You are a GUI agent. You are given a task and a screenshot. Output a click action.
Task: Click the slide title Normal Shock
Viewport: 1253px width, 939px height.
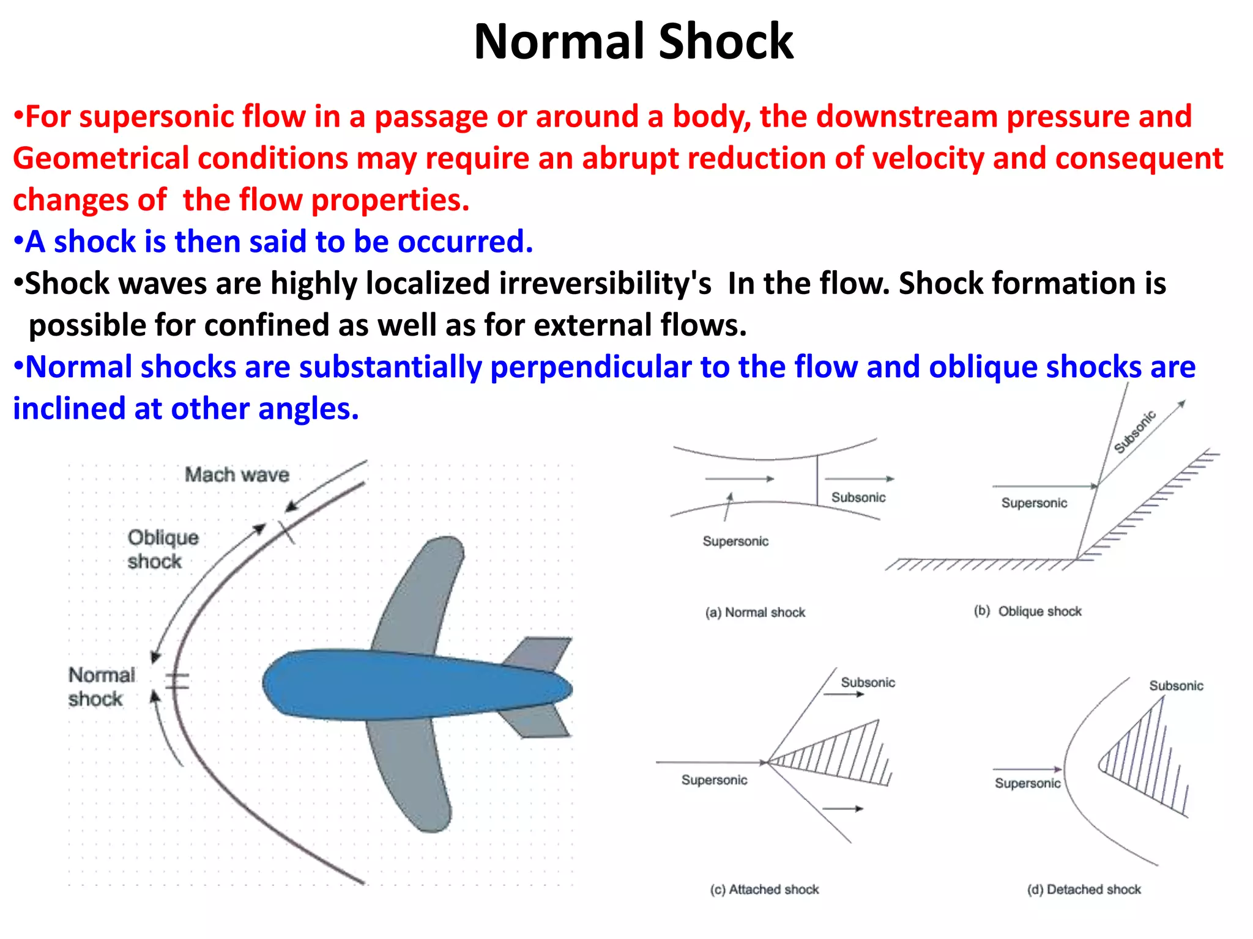coord(633,42)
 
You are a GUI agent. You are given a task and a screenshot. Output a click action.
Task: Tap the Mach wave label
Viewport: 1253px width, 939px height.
coord(237,474)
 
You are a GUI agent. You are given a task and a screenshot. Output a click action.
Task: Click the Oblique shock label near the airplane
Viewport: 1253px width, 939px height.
coord(162,549)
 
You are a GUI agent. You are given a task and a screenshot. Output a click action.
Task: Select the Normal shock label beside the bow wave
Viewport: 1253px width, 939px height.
coord(101,687)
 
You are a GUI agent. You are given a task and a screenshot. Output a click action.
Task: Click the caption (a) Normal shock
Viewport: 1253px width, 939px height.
coord(755,613)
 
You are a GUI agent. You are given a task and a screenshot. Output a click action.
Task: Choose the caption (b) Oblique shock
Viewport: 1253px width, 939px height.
coord(1028,611)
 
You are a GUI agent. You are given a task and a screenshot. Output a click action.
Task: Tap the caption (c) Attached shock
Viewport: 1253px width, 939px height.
coord(764,889)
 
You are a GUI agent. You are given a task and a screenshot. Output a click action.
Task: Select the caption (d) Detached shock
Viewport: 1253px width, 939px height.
coord(1084,889)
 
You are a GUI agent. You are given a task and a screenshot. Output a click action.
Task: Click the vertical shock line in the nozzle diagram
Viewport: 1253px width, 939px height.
coord(817,480)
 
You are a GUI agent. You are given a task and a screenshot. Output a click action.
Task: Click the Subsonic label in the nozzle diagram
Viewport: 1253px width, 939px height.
coord(858,498)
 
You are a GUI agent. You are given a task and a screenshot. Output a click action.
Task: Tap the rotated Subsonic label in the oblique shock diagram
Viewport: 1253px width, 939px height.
coord(1134,432)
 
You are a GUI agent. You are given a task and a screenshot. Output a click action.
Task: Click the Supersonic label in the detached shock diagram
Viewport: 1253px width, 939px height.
coord(1027,784)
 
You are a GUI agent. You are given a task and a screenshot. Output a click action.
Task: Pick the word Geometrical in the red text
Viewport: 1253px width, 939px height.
coord(101,158)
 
